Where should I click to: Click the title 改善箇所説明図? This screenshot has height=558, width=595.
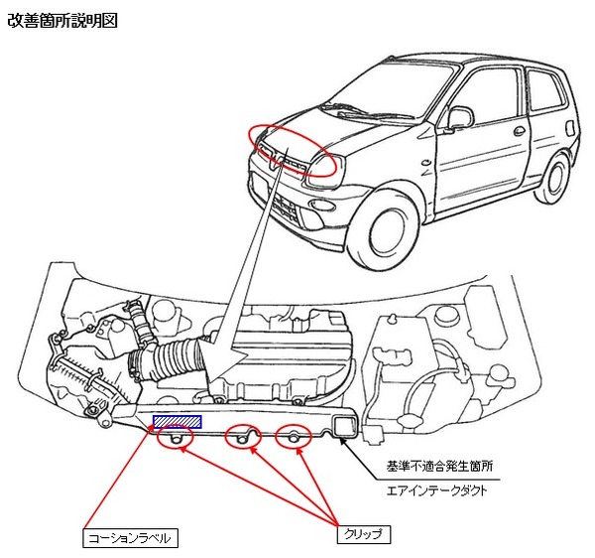tap(62, 21)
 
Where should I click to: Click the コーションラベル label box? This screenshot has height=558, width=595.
tap(130, 537)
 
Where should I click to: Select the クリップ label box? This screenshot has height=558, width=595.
tap(364, 534)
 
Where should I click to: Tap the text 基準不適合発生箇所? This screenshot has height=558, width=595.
tap(439, 466)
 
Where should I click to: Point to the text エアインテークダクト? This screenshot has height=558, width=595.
tap(436, 490)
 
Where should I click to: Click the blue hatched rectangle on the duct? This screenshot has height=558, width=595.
tap(178, 422)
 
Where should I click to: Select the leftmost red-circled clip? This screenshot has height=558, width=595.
tap(176, 437)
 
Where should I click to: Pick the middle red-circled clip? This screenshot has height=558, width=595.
tap(243, 438)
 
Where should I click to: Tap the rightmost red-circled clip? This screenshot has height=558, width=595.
tap(294, 438)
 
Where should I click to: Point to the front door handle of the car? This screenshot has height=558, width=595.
tap(519, 131)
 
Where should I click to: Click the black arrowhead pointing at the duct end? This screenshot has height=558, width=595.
tap(342, 441)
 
